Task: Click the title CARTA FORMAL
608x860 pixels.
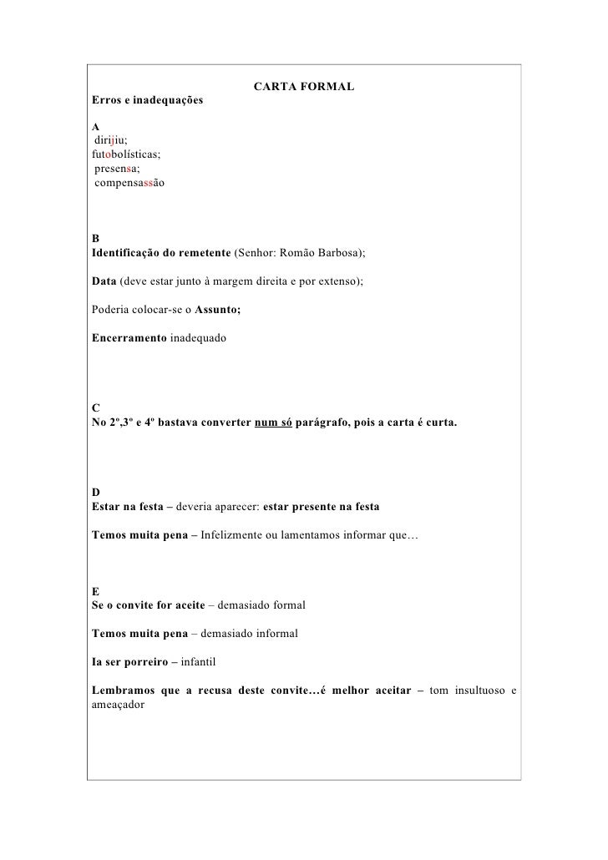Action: point(303,88)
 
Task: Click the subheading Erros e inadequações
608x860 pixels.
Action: point(147,101)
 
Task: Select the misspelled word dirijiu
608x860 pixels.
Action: point(110,140)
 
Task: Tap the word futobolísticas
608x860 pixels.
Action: point(126,154)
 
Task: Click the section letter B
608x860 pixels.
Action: point(96,238)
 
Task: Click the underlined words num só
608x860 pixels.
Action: point(273,422)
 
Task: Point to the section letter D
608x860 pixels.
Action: point(96,493)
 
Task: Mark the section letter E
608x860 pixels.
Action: point(96,591)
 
